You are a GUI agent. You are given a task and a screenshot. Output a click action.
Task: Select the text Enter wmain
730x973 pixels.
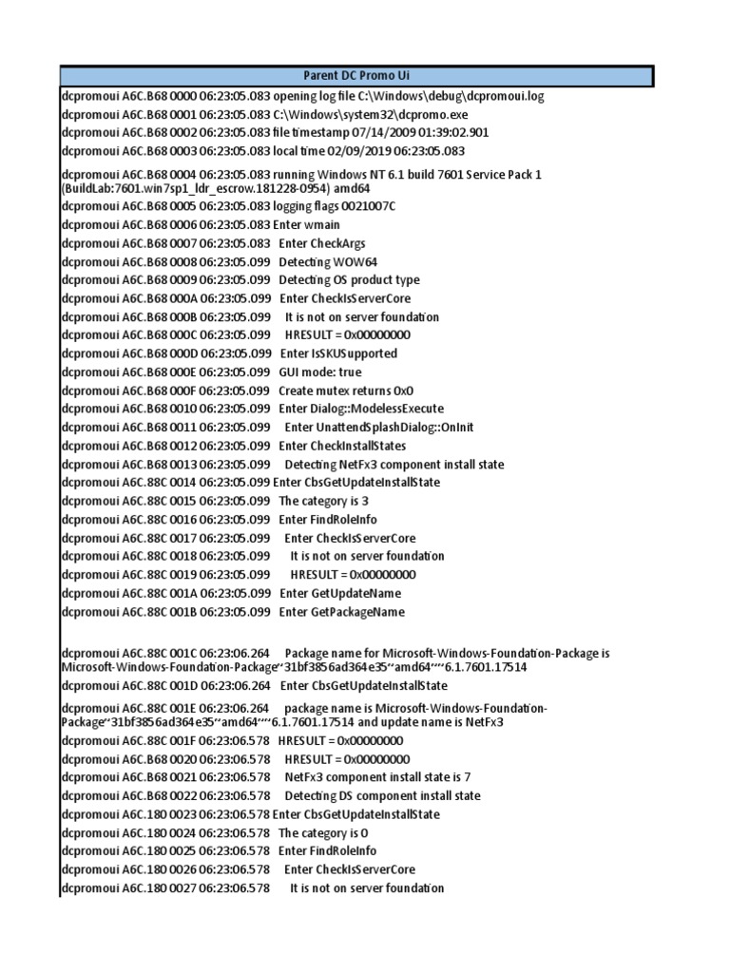[x=306, y=224]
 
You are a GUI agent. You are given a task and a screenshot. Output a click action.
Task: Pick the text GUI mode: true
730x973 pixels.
[x=320, y=372]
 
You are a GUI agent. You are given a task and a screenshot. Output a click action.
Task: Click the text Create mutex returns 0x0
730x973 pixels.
[x=346, y=391]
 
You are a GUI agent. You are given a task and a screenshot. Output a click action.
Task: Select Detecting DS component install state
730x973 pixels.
[x=382, y=796]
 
